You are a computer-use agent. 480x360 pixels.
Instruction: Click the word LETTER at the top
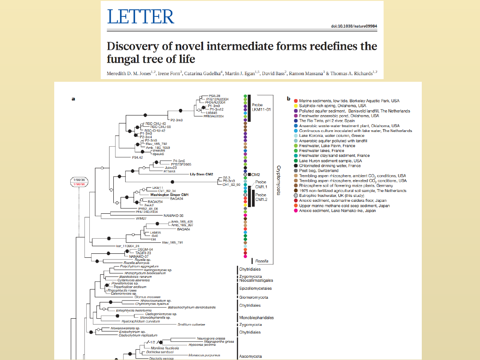[x=140, y=16]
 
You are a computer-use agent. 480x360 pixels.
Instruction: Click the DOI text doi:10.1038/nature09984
[x=354, y=26]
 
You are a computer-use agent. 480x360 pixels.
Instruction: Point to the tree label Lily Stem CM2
[x=202, y=174]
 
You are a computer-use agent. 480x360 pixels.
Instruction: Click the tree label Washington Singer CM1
[x=170, y=195]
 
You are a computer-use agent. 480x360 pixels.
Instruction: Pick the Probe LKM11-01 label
[x=262, y=107]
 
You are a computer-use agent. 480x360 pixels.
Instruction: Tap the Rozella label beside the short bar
[x=262, y=261]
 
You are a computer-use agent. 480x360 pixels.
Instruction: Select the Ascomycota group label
[x=251, y=356]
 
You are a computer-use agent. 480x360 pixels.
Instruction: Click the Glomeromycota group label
[x=254, y=297]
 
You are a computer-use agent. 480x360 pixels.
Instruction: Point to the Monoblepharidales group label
[x=256, y=318]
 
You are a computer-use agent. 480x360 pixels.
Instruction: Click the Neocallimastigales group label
[x=256, y=280]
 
